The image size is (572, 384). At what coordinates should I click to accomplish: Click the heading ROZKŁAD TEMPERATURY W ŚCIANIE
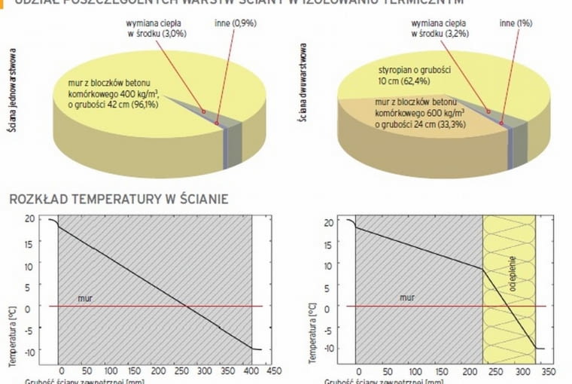118,200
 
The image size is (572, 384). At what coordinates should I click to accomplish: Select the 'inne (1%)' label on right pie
516,23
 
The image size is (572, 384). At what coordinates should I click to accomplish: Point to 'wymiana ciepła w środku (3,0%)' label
157,29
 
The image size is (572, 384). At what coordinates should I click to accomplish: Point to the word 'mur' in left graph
85,299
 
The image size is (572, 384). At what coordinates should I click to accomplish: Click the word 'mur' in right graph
406,298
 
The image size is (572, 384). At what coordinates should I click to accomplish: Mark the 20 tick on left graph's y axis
31,219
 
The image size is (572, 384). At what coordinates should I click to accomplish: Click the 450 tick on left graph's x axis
274,370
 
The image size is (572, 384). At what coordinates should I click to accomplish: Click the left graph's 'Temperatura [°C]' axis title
13,331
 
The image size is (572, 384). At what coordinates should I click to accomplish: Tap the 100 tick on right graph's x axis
409,371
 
